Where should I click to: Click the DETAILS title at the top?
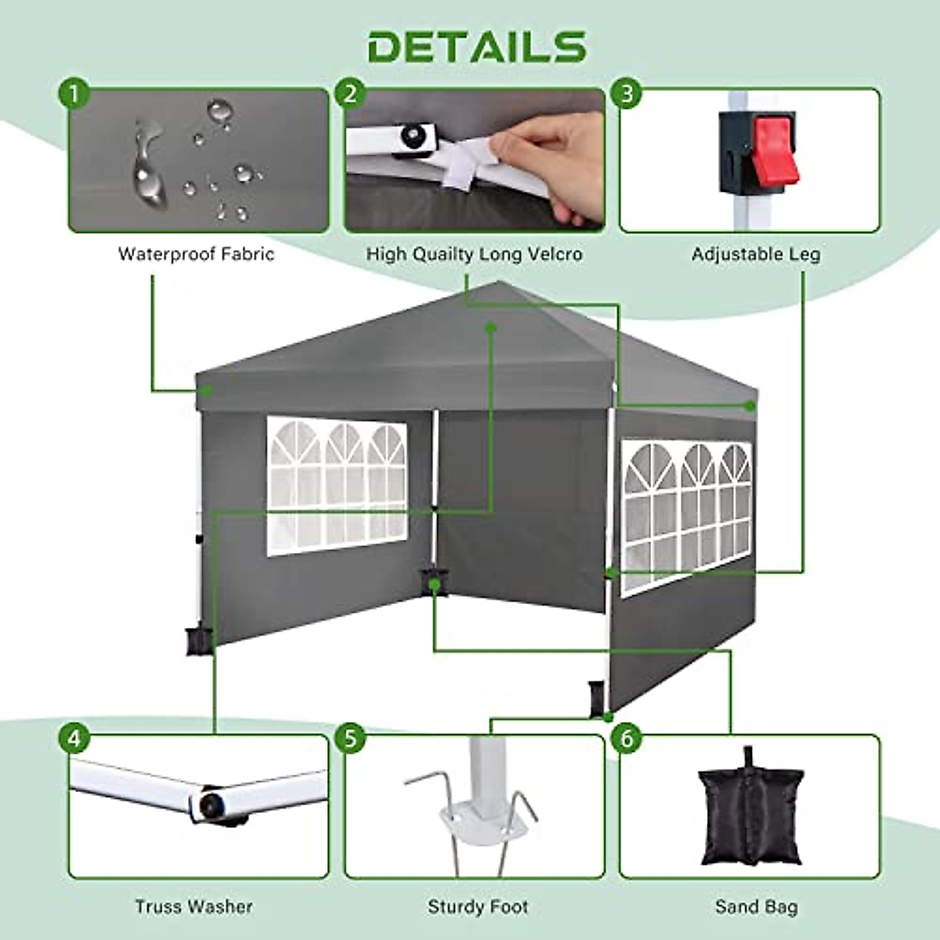(x=476, y=46)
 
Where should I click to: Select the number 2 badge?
(x=350, y=94)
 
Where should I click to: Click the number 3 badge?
(x=626, y=94)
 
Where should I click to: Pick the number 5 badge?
(x=350, y=738)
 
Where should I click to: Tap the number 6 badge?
(x=626, y=738)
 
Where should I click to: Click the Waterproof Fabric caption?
(x=196, y=254)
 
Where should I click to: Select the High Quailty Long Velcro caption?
(x=474, y=254)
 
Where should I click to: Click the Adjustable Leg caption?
(x=755, y=254)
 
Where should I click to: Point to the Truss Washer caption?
(x=193, y=906)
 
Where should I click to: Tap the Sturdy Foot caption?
(x=478, y=906)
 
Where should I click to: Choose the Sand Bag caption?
(x=756, y=906)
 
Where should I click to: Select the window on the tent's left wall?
(x=337, y=486)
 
